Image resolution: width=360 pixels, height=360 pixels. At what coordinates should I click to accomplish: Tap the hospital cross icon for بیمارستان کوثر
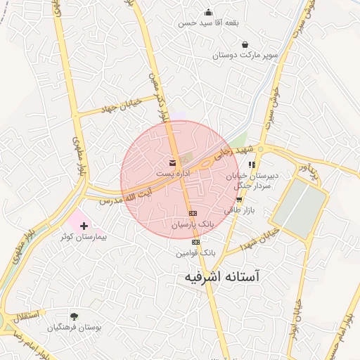point(85,226)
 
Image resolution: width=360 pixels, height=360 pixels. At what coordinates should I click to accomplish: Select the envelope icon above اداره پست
point(173,163)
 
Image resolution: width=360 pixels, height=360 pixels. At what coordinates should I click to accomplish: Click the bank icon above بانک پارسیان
point(192,214)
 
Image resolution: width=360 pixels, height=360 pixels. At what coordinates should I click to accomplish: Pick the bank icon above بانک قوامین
point(195,242)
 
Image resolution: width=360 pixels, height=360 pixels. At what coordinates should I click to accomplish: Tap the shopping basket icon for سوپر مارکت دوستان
point(244,44)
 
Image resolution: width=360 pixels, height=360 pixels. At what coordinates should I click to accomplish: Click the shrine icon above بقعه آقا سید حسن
point(208,12)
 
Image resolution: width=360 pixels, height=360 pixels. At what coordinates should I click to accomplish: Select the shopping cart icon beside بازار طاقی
point(239,200)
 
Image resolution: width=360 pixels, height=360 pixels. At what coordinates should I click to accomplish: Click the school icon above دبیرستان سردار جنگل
point(252,165)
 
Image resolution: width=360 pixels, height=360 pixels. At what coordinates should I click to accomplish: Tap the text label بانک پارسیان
point(191,224)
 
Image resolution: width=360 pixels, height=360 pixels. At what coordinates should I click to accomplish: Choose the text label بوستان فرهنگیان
point(74,328)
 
